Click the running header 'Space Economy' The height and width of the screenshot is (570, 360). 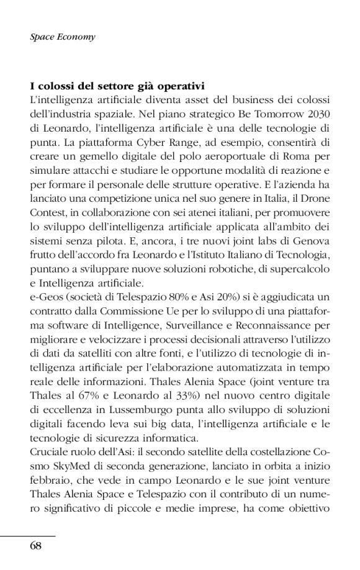click(x=62, y=37)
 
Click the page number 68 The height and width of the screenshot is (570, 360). click(x=35, y=546)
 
